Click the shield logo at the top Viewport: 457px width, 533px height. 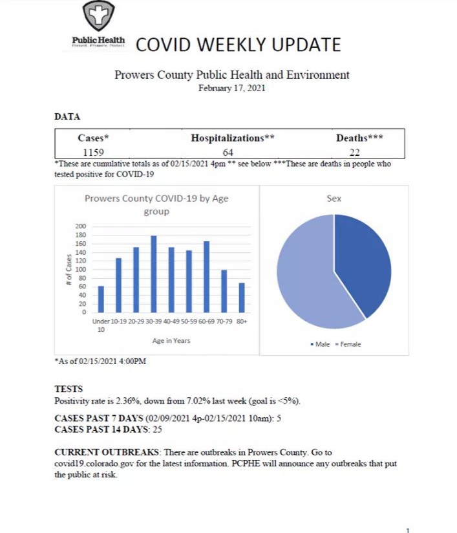(x=99, y=16)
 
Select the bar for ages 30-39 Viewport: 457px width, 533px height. (x=154, y=274)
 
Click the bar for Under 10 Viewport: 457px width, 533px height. (x=101, y=299)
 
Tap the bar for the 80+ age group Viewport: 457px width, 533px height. (x=242, y=298)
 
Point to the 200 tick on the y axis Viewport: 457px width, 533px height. (x=81, y=226)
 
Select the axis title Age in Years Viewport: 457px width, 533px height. (x=171, y=340)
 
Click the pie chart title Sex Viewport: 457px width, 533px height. (x=334, y=199)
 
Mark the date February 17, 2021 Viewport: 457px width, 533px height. (x=232, y=89)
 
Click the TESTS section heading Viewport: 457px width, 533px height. (x=69, y=389)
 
